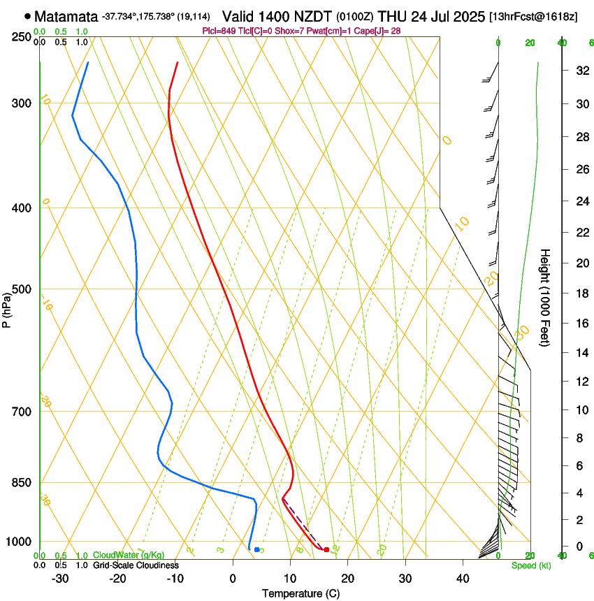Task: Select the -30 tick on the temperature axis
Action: (60, 579)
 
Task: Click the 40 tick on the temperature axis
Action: (463, 579)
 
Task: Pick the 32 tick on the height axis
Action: (580, 71)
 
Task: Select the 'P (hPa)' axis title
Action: (7, 308)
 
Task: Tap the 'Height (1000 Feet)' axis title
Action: (545, 298)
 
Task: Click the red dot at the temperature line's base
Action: (326, 549)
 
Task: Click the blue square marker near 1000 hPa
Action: (257, 550)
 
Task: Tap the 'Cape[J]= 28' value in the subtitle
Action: (381, 31)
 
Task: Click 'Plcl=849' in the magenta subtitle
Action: (217, 31)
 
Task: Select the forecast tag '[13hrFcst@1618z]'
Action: (533, 16)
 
